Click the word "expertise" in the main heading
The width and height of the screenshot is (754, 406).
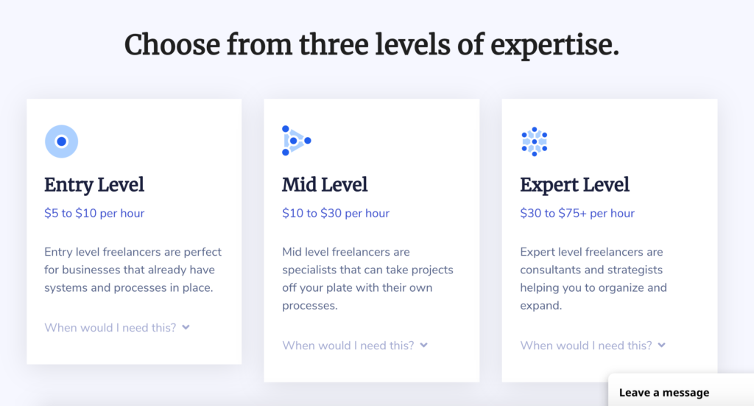tap(552, 45)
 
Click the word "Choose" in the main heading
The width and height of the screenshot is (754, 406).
tap(172, 45)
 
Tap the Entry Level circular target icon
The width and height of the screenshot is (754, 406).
tap(62, 141)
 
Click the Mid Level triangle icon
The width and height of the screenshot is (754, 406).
tap(296, 141)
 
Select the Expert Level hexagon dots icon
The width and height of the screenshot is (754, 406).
tap(535, 141)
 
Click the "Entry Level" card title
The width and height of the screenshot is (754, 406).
tap(94, 185)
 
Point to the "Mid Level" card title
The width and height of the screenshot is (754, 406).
tap(325, 185)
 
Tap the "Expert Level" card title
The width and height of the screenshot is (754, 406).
tap(574, 185)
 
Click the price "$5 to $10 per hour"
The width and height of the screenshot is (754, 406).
tap(94, 213)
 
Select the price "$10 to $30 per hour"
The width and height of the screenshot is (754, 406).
tap(336, 213)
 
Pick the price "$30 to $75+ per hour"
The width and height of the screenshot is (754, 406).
tap(577, 213)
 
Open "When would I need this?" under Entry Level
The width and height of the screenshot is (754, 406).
tap(110, 328)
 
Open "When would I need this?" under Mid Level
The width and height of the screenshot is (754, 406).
tap(348, 346)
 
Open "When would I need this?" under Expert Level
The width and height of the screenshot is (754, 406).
tap(586, 346)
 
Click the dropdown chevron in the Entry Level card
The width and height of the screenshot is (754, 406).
tap(186, 328)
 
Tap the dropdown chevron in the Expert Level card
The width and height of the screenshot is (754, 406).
tap(662, 346)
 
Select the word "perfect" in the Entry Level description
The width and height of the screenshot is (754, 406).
tap(202, 252)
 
